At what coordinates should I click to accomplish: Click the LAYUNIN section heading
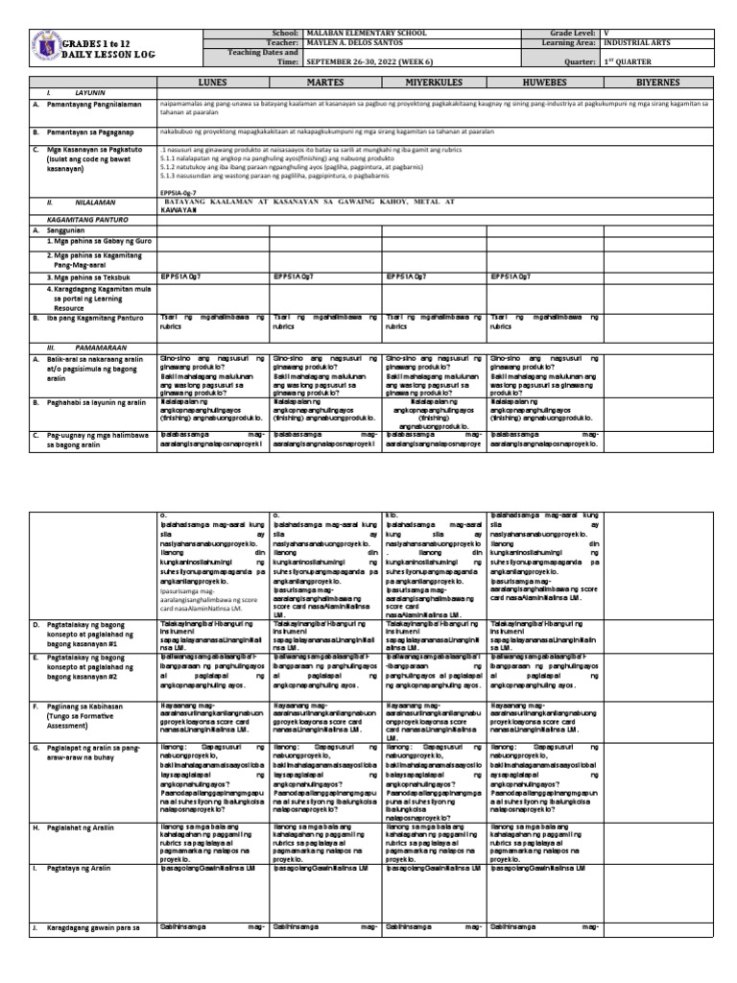point(90,93)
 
